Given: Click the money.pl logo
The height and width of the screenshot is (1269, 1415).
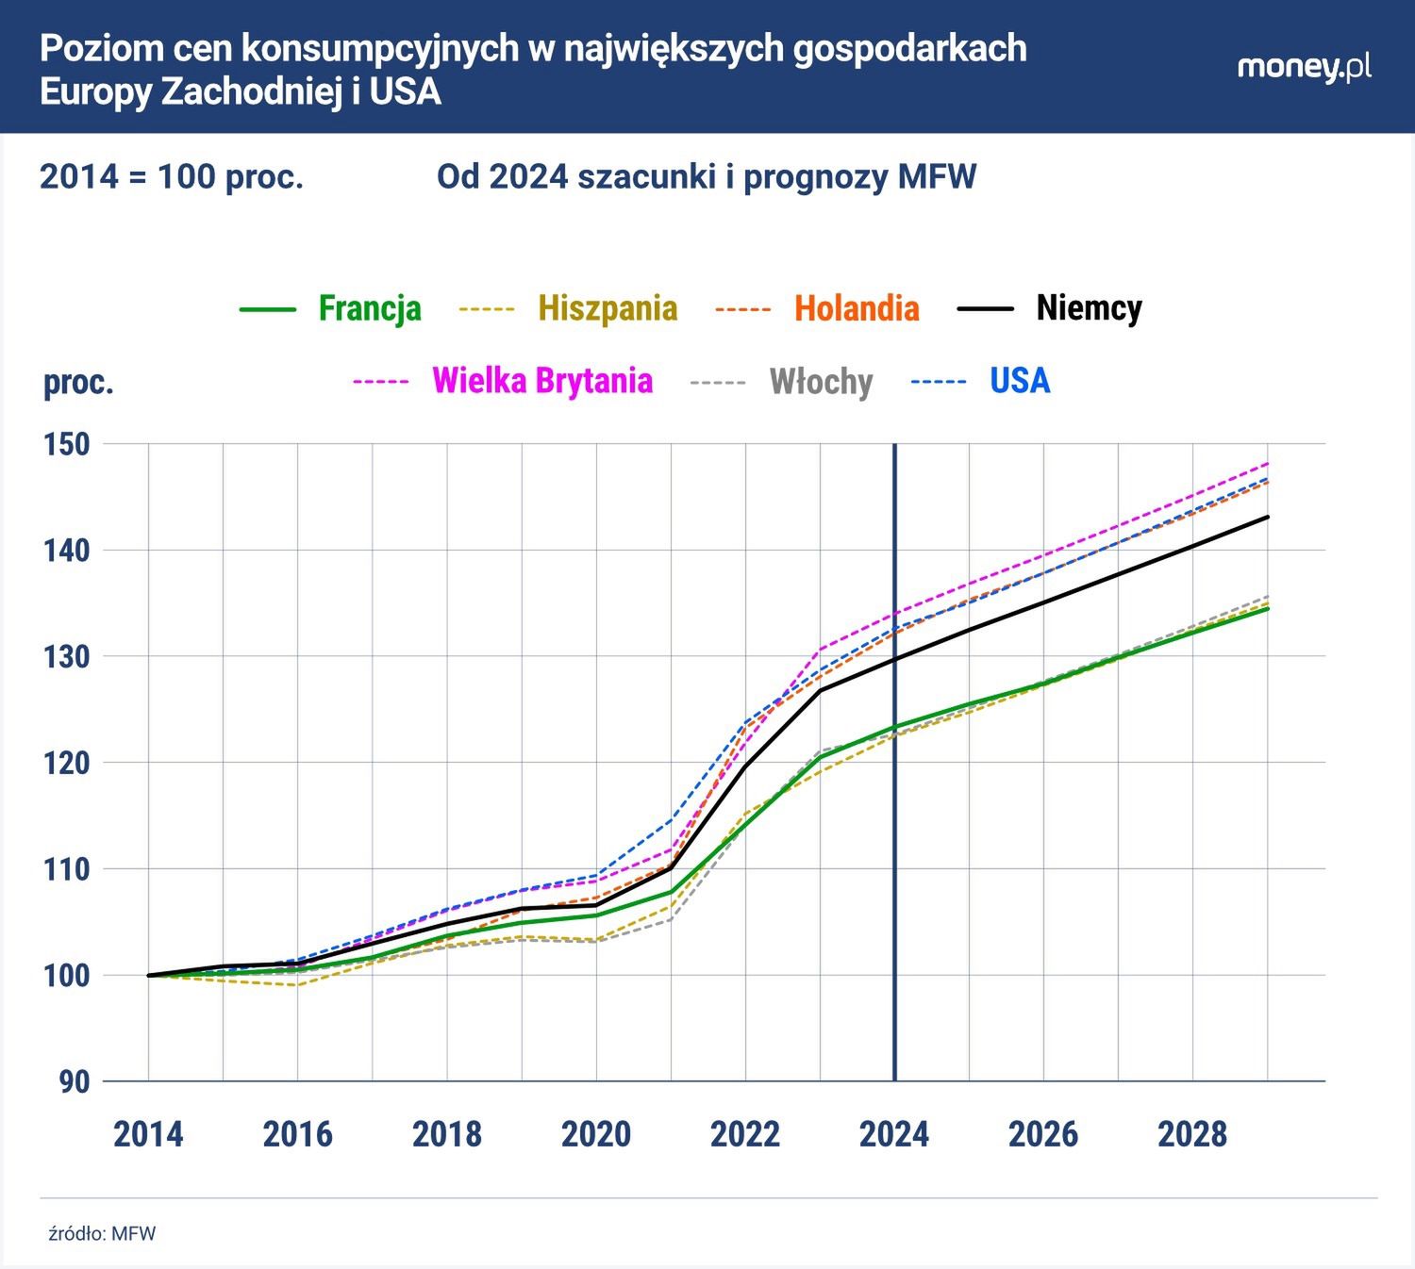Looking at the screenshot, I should click(x=1304, y=67).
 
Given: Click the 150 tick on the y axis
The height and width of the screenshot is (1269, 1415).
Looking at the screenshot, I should click(x=67, y=444).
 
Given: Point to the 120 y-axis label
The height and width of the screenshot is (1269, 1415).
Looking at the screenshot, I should click(x=67, y=763).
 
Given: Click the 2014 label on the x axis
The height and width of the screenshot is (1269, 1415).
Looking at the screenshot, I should click(x=148, y=1134).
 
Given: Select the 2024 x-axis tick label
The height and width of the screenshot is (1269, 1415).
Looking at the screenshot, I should click(x=893, y=1134).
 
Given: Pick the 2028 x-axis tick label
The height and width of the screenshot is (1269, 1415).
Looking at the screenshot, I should click(x=1192, y=1134).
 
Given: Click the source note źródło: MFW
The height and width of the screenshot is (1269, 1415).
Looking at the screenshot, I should click(x=102, y=1234).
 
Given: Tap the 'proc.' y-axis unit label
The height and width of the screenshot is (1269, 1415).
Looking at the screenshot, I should click(x=78, y=383).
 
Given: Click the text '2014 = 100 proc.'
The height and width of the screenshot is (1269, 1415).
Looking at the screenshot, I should click(x=172, y=176).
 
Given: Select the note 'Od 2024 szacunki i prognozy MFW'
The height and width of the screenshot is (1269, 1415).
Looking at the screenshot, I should click(x=706, y=176).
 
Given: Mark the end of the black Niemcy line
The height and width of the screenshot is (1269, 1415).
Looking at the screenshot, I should click(x=1268, y=517).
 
